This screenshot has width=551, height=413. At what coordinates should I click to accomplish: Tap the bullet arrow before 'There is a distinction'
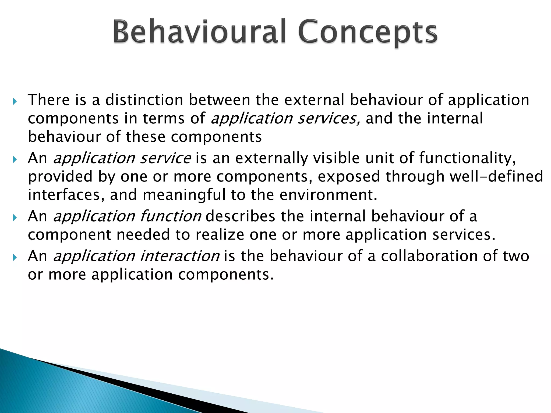[15, 101]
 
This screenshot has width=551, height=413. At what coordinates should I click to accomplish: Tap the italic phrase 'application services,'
[285, 119]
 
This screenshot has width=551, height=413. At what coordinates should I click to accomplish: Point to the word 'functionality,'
[468, 158]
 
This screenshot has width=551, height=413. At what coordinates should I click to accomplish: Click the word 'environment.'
[329, 195]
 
